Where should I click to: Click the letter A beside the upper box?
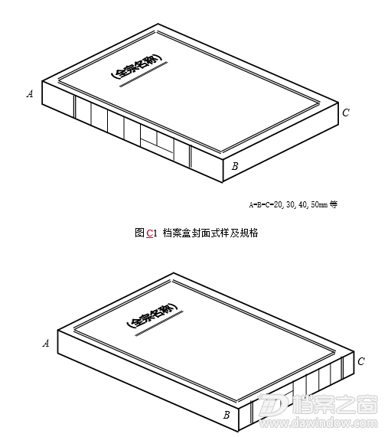30,93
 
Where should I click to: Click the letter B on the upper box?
235,166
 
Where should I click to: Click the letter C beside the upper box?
346,113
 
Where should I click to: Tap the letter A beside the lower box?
46,343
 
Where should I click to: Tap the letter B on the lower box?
226,416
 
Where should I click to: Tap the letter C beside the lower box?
361,361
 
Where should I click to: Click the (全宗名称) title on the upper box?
136,66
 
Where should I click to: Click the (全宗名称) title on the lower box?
152,315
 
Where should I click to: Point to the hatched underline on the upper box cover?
144,74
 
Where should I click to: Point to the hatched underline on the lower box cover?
159,324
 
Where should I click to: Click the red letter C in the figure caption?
150,233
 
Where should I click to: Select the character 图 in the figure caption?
139,233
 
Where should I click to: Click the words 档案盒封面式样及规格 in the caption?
210,233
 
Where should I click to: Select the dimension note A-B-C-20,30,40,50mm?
288,204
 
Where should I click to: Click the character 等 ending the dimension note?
334,204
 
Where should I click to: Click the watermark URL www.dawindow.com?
318,423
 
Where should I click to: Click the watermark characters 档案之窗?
335,405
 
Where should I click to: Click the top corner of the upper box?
158,24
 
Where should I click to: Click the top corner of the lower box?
174,272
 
